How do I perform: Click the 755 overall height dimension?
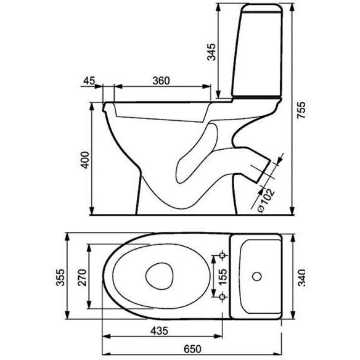[301, 110]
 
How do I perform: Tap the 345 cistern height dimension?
[211, 52]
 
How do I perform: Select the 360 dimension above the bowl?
[161, 81]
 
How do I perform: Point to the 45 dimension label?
[89, 81]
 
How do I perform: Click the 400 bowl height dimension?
[85, 160]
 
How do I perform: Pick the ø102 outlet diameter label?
[266, 200]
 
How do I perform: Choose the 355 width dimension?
[61, 277]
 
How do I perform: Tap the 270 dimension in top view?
[82, 277]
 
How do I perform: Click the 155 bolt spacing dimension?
[223, 277]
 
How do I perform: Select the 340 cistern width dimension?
[301, 277]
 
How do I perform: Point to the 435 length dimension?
[159, 331]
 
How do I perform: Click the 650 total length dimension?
[192, 349]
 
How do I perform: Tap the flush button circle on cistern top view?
[257, 276]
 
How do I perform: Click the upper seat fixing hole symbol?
[223, 255]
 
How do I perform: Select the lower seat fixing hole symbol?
[223, 297]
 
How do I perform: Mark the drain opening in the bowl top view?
[160, 276]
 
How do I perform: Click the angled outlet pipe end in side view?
[263, 171]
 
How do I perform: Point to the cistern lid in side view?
[262, 8]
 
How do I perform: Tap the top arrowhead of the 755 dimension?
[292, 7]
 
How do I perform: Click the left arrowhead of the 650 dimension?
[106, 354]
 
